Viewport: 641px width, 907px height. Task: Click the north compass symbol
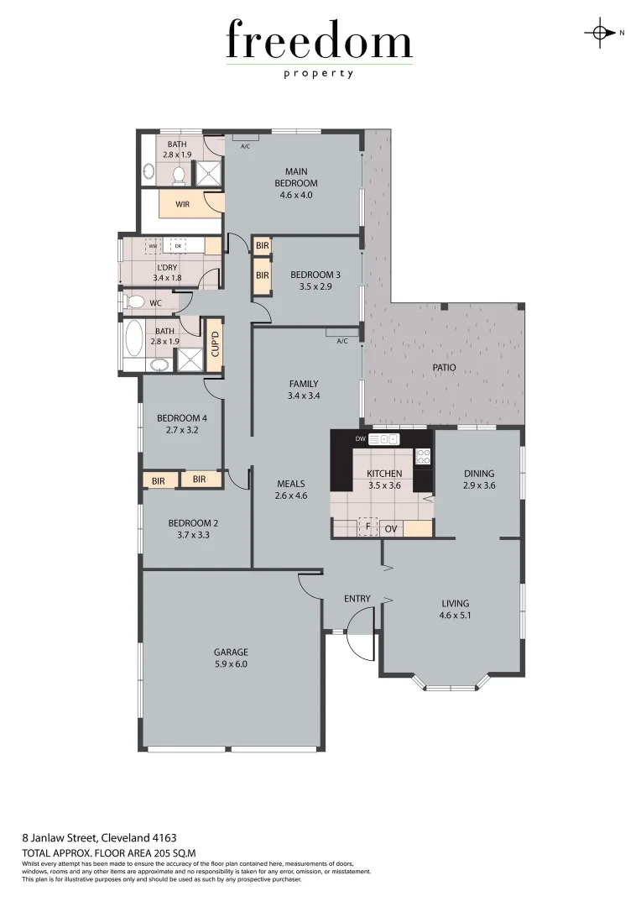click(x=600, y=33)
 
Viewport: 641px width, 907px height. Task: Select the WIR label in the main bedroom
click(x=182, y=204)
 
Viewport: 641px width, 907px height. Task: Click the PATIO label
click(x=446, y=367)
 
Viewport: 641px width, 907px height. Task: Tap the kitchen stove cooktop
click(x=424, y=457)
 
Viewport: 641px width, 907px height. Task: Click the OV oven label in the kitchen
click(x=391, y=528)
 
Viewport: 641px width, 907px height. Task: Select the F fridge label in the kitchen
click(x=367, y=527)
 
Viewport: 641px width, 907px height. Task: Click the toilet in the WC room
click(x=134, y=301)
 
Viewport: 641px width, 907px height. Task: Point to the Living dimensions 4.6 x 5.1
click(x=456, y=615)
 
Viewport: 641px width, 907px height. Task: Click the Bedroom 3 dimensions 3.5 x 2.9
click(x=315, y=286)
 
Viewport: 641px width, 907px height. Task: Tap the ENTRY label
click(x=357, y=598)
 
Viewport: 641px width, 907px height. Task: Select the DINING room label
click(x=479, y=474)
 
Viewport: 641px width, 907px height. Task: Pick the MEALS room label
click(x=291, y=484)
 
